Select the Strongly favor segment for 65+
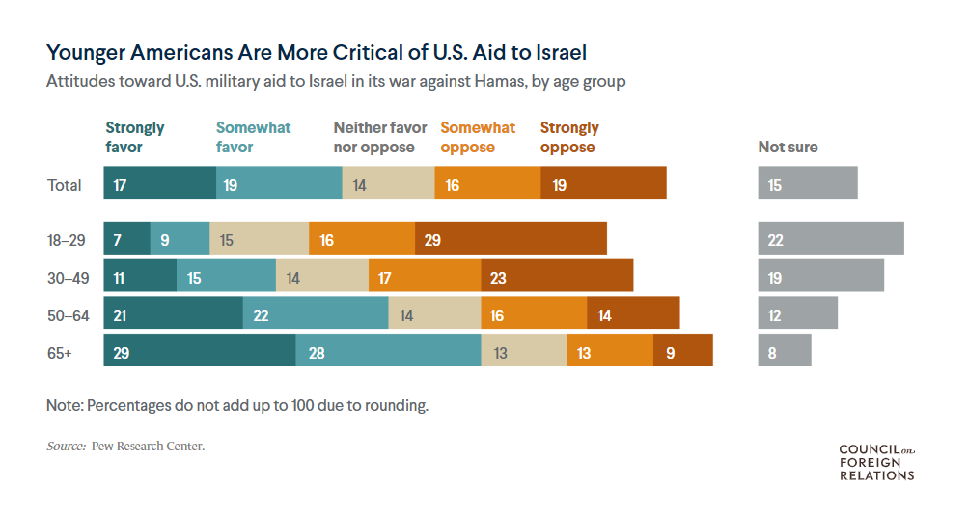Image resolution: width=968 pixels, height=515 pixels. click(x=200, y=351)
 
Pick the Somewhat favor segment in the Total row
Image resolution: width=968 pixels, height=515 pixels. click(x=279, y=183)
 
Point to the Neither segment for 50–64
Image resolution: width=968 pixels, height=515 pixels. click(x=434, y=314)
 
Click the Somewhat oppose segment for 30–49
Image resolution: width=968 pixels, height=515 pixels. click(x=425, y=277)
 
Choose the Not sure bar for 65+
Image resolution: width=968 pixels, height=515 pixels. click(x=785, y=351)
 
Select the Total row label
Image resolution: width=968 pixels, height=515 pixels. click(x=65, y=185)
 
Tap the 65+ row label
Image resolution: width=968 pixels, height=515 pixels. click(x=60, y=353)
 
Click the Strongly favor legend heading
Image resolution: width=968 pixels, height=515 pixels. click(x=135, y=137)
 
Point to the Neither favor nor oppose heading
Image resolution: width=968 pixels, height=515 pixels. click(x=380, y=137)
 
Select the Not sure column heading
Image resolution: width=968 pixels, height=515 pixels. click(x=788, y=147)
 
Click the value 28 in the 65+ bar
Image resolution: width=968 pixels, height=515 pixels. click(x=317, y=353)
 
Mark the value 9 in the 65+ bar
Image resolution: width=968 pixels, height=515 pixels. click(x=671, y=353)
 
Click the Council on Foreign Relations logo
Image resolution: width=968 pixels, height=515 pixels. click(x=876, y=462)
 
